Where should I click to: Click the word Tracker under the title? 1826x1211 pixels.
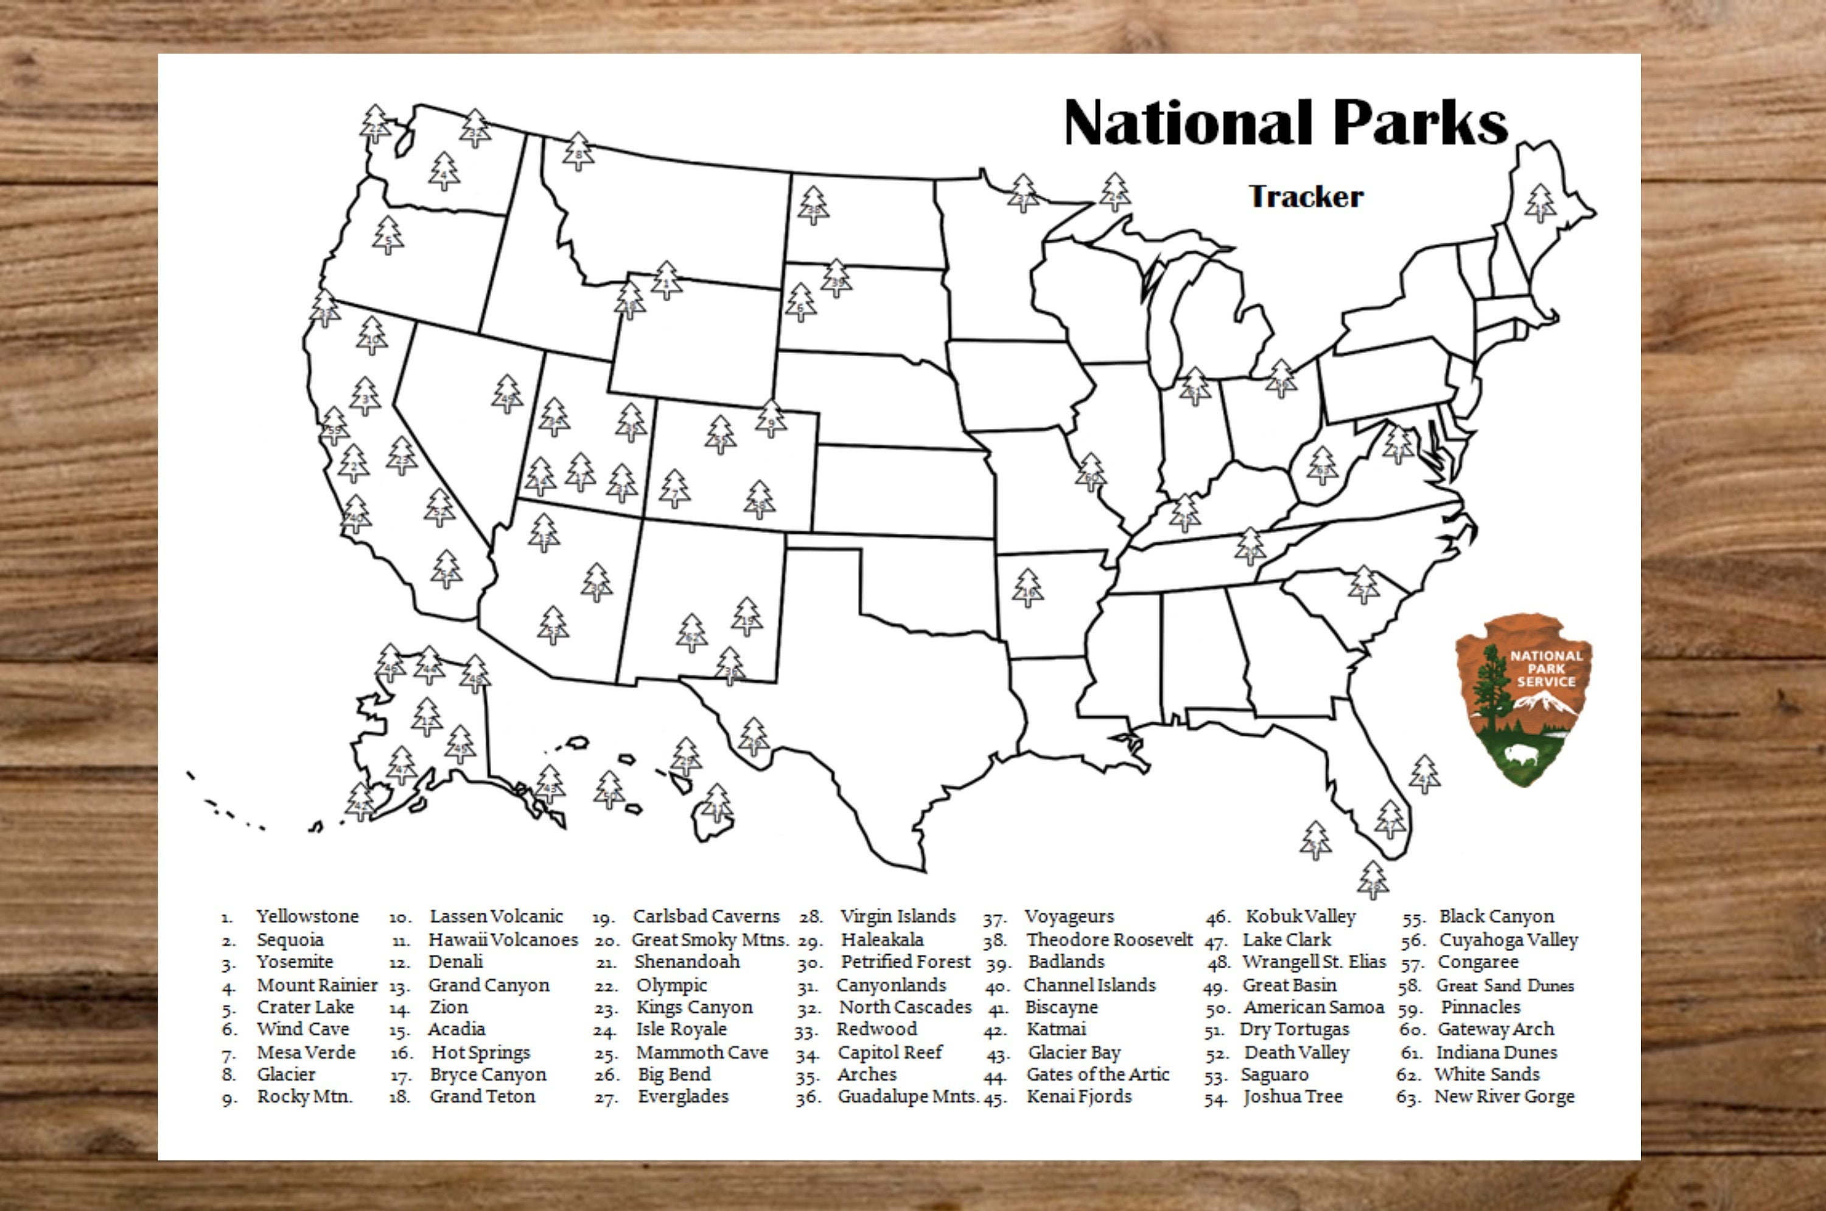[1306, 197]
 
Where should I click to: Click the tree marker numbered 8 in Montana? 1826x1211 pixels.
[578, 152]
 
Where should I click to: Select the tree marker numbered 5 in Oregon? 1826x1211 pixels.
[388, 236]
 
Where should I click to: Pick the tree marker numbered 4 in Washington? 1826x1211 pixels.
[444, 172]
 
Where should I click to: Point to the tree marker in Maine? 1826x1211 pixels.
[1539, 204]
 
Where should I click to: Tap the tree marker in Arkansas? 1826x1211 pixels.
[1027, 588]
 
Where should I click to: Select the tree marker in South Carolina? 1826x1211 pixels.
[1363, 585]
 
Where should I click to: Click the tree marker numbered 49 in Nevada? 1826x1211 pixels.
[506, 395]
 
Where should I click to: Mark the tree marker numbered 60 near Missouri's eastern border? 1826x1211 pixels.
[1091, 473]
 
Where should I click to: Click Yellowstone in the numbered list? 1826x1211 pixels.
[307, 916]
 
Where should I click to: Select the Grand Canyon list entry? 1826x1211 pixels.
[489, 985]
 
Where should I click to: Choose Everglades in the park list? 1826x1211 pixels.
[683, 1097]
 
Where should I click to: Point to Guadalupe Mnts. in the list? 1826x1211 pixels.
[908, 1097]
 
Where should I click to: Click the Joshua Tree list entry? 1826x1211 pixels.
[1292, 1097]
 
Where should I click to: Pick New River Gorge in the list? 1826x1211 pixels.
[1504, 1097]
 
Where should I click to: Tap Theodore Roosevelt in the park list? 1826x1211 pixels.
[1109, 940]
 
